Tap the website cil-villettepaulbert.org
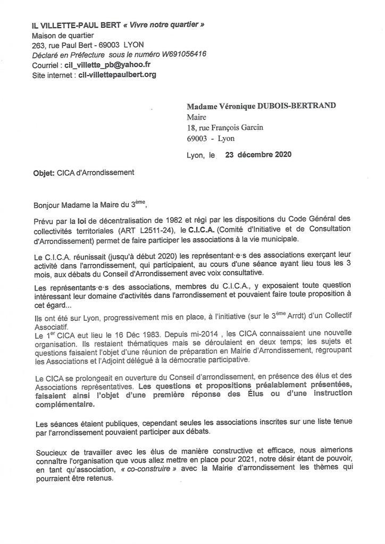tap(117, 74)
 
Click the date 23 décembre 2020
tap(258, 155)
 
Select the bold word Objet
tap(44, 172)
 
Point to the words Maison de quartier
tap(63, 35)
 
